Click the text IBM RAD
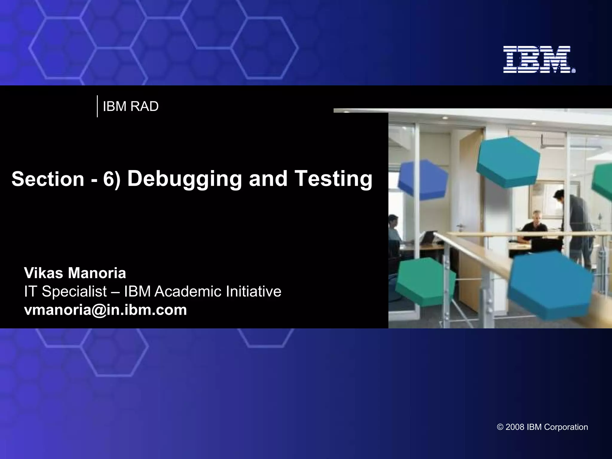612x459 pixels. click(x=131, y=107)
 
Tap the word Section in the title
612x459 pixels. click(x=48, y=179)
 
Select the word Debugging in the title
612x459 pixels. click(x=185, y=178)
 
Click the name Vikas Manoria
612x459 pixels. click(x=75, y=273)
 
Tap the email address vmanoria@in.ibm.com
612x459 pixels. click(x=105, y=310)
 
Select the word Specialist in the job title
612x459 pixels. click(x=74, y=292)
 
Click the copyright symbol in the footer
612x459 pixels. click(x=500, y=427)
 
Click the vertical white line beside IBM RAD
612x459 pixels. click(x=97, y=106)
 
